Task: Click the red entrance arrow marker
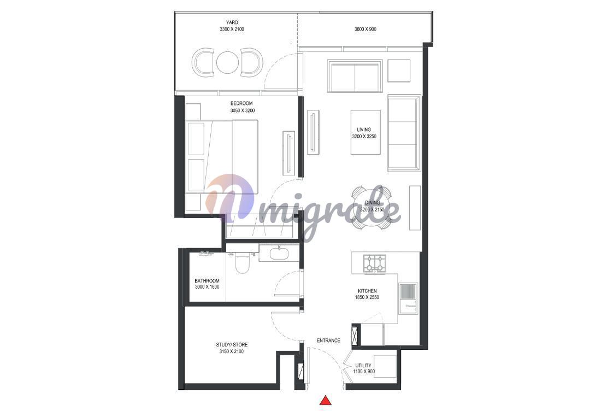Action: click(x=326, y=400)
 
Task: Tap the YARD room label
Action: click(x=232, y=22)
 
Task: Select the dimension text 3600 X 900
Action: click(x=365, y=29)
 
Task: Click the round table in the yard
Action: click(x=226, y=63)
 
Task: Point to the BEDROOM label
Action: click(x=241, y=103)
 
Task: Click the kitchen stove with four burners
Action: click(x=374, y=263)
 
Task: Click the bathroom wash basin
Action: click(x=279, y=254)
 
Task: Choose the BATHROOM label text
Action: click(x=207, y=281)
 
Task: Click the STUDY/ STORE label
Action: click(x=232, y=345)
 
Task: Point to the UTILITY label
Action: click(x=363, y=366)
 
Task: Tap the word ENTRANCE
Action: click(x=328, y=340)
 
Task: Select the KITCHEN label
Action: click(x=367, y=291)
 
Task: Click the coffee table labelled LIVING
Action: click(x=366, y=132)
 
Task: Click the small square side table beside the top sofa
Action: click(x=399, y=71)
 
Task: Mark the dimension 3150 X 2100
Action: click(x=232, y=351)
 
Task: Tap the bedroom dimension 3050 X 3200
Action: click(x=243, y=111)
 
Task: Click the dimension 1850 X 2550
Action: click(x=367, y=297)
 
